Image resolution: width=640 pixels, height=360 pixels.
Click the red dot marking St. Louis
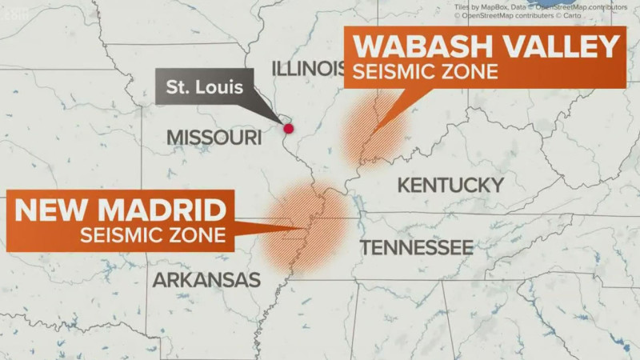click(288, 128)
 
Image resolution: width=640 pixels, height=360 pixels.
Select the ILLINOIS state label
click(307, 68)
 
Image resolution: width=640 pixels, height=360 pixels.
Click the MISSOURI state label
click(214, 138)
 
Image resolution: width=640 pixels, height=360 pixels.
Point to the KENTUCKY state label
click(450, 186)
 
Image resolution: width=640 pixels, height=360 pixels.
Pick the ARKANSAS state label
click(206, 280)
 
